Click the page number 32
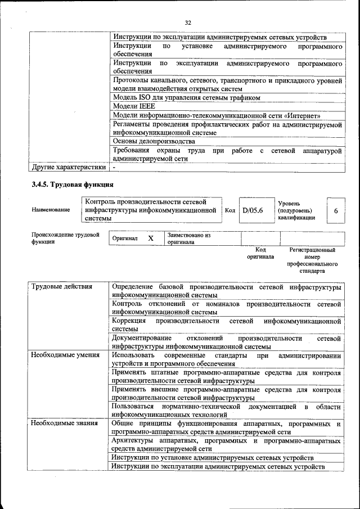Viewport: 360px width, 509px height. tap(188, 22)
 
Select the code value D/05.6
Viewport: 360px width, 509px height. tap(253, 211)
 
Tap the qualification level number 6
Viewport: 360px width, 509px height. tap(336, 211)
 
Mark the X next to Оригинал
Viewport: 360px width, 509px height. tap(151, 238)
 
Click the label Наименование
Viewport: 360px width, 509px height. tap(51, 210)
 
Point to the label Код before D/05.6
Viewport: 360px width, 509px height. tap(229, 210)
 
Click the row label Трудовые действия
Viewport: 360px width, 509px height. tap(61, 287)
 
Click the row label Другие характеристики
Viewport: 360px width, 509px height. tap(68, 167)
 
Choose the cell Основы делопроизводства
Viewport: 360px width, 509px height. tap(154, 141)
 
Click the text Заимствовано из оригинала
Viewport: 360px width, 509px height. tap(188, 238)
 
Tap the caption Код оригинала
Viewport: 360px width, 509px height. tap(260, 253)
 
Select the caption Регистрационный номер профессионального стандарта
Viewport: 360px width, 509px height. tap(312, 260)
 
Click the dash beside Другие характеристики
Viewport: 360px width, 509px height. tap(114, 167)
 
